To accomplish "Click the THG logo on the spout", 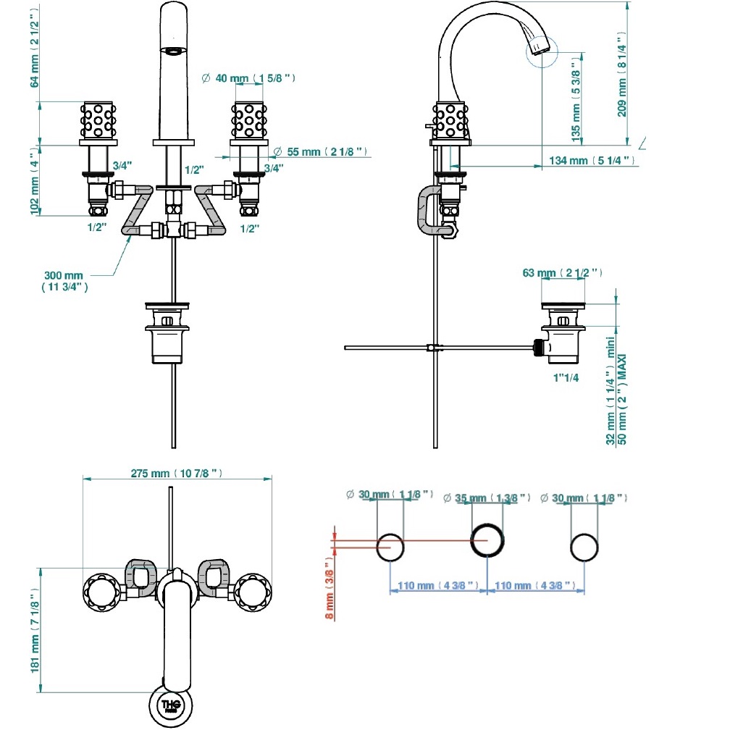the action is (171, 706).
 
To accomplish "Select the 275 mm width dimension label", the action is (177, 474).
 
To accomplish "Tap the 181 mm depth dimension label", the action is (35, 630).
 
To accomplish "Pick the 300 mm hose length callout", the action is (64, 281).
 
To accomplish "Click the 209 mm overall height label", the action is (622, 75).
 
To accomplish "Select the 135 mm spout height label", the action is (576, 99).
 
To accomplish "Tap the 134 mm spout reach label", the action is (592, 161).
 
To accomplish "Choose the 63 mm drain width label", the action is (562, 273).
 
